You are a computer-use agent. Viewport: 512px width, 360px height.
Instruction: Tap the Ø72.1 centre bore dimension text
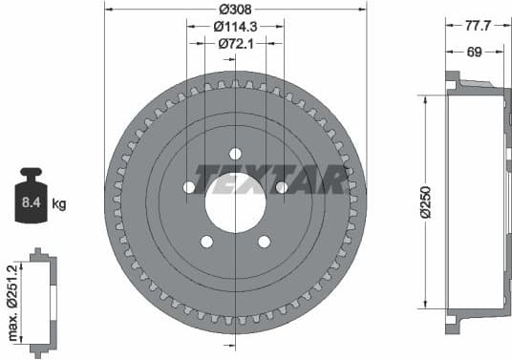click(234, 43)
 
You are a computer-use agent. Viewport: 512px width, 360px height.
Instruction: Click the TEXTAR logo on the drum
click(270, 179)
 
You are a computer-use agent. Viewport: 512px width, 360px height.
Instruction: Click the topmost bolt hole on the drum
click(234, 153)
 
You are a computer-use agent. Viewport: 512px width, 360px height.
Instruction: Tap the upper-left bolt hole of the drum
click(188, 187)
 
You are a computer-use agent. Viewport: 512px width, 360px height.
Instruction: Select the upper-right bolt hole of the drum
click(281, 187)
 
